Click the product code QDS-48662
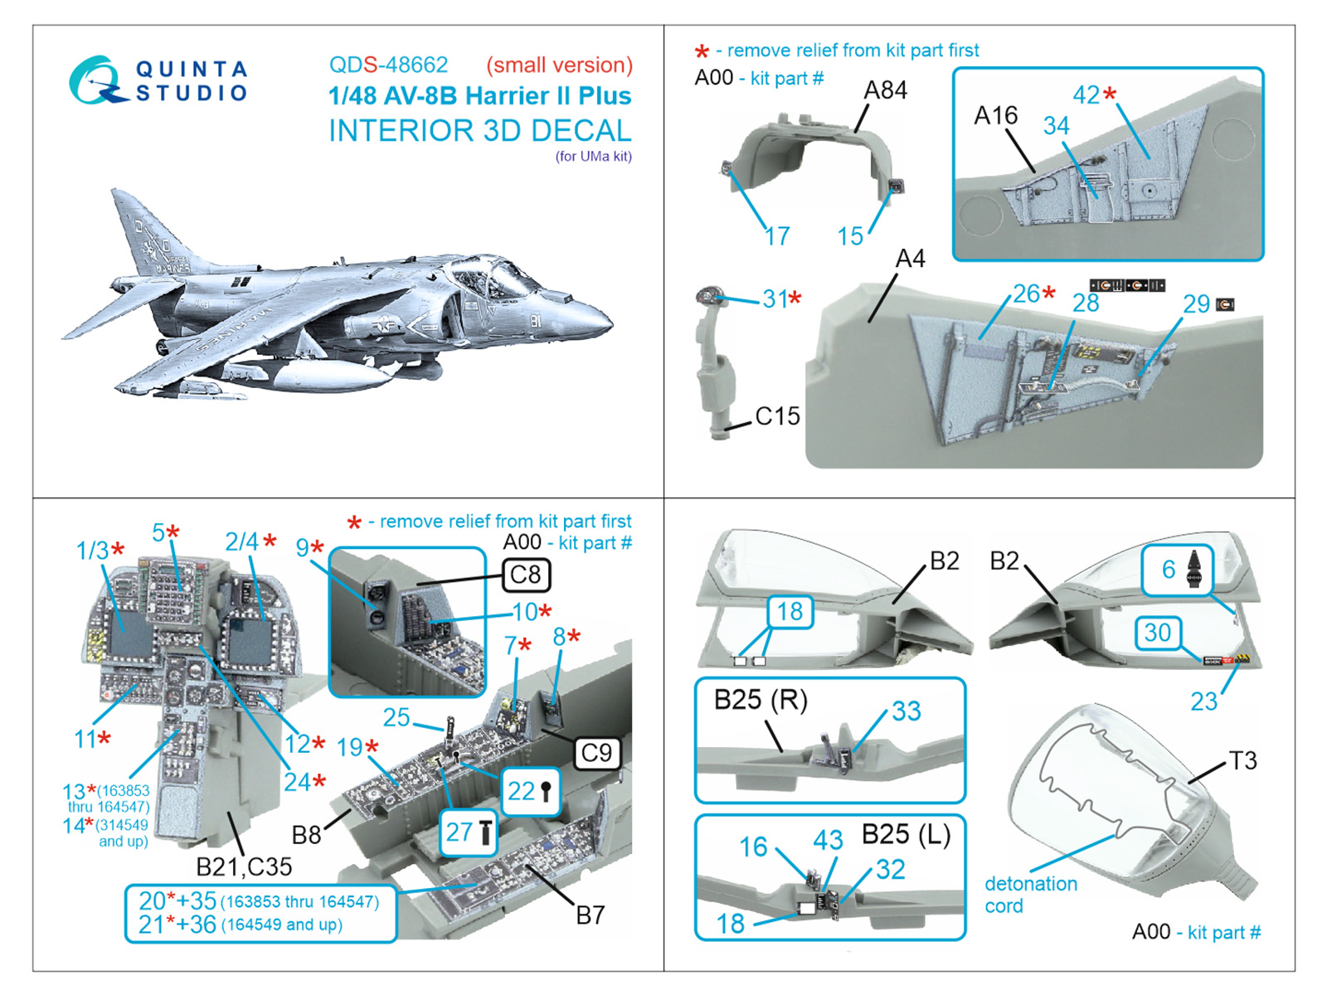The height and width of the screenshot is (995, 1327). [x=388, y=65]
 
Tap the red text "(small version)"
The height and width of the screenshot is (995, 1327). [x=559, y=65]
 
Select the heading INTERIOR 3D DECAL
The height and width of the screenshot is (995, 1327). [x=479, y=131]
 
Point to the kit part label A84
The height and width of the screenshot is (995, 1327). [x=885, y=90]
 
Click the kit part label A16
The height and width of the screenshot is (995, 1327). [x=995, y=115]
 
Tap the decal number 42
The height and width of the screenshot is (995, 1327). [x=1086, y=95]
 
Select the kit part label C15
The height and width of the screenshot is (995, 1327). [x=777, y=415]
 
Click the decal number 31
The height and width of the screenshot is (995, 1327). [x=775, y=298]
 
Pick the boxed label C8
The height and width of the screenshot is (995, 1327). [x=526, y=575]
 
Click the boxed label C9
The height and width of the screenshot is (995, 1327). [x=596, y=753]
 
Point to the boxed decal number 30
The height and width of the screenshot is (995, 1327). [x=1157, y=633]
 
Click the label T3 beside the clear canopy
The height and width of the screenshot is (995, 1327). [x=1242, y=760]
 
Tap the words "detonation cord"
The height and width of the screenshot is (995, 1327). [x=1030, y=895]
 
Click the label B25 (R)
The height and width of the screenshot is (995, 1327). [x=761, y=700]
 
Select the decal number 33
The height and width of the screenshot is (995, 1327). [x=906, y=711]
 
